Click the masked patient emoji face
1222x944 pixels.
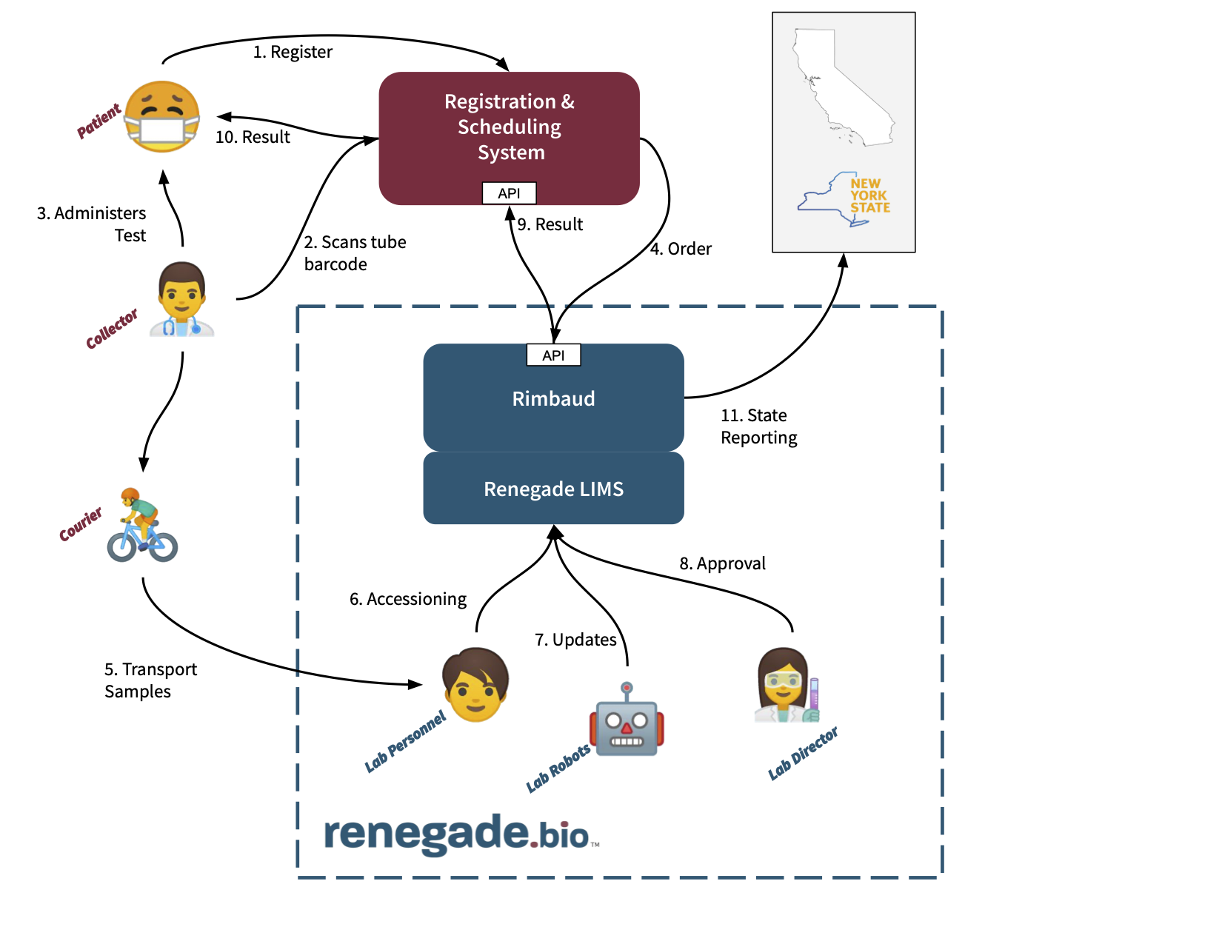point(161,117)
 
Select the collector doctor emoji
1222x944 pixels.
point(181,300)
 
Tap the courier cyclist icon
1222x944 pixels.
point(142,525)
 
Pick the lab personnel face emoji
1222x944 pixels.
point(475,685)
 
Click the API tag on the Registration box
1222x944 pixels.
point(509,193)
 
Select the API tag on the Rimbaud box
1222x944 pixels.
point(553,355)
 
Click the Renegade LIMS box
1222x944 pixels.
point(553,489)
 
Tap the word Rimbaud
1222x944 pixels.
point(553,399)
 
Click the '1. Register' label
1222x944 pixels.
point(293,52)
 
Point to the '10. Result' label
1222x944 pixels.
point(253,137)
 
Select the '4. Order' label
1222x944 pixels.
point(681,249)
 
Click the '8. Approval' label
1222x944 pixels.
point(722,563)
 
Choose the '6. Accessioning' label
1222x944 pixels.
point(408,599)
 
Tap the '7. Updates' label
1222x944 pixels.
point(575,640)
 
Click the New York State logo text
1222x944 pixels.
point(869,196)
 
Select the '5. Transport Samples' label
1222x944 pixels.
point(150,680)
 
